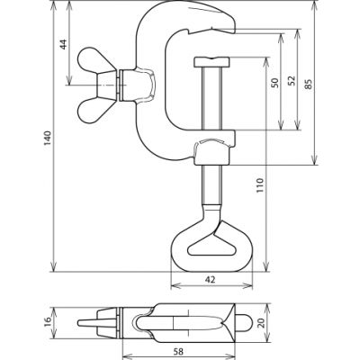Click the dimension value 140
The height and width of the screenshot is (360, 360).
coord(48,138)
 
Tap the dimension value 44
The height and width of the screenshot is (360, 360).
coord(64,44)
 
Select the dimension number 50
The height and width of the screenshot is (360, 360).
coord(274,83)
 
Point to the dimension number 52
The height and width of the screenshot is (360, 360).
coord(292,81)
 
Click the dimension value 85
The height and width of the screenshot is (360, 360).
coord(308,84)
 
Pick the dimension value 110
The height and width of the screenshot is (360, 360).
coord(260,185)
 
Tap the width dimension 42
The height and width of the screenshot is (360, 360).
coord(211,280)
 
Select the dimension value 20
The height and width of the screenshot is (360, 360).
coord(262,323)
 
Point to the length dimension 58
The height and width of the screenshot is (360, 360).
coord(178,351)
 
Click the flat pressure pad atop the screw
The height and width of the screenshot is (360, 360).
coord(212,62)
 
